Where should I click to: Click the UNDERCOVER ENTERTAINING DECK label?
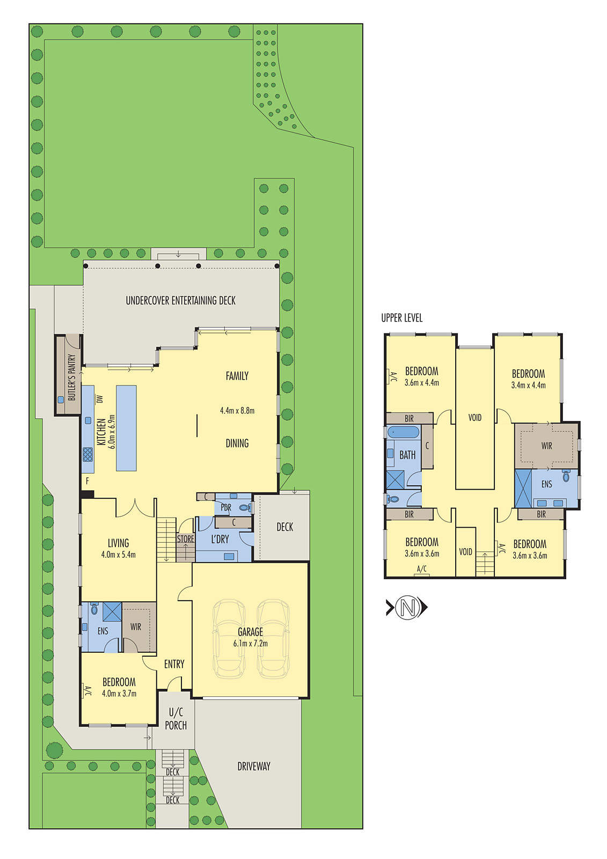tap(180, 301)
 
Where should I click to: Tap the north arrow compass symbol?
tap(407, 608)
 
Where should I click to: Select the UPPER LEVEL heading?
tap(401, 318)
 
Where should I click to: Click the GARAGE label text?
tap(250, 632)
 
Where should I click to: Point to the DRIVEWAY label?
tap(254, 766)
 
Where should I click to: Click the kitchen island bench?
tap(126, 428)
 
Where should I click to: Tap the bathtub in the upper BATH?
tap(403, 432)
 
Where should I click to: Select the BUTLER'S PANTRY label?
tap(71, 377)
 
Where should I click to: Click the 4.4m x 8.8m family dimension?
tap(237, 411)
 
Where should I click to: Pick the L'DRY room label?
tap(220, 539)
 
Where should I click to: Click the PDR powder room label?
tap(226, 507)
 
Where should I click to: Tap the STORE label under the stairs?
tap(186, 538)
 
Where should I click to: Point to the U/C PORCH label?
tap(176, 719)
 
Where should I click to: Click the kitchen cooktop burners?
tap(87, 454)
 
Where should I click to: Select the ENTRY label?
tap(174, 664)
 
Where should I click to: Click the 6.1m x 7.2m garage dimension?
tap(250, 643)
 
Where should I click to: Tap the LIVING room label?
tap(118, 543)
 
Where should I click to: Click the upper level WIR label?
tap(546, 446)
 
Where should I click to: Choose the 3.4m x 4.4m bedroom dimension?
tap(528, 385)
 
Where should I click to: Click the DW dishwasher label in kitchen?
tap(99, 399)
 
